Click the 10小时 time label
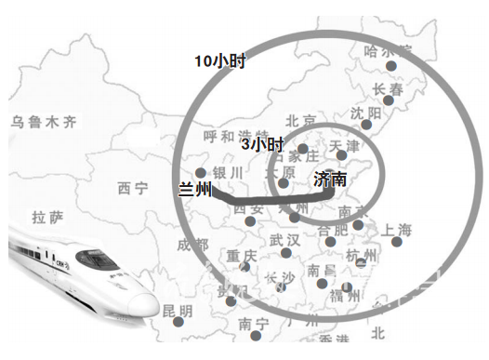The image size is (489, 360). (219, 61)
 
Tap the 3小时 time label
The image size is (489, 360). (262, 144)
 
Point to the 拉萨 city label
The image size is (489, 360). (47, 218)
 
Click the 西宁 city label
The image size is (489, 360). (132, 189)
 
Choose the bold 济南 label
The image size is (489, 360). (330, 178)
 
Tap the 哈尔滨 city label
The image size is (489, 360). (388, 50)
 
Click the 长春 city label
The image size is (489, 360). (390, 89)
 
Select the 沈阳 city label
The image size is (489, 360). (366, 113)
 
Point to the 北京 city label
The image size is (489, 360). (301, 121)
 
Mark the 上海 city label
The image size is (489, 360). (390, 229)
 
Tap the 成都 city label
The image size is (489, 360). (192, 245)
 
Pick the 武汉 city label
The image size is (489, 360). (284, 240)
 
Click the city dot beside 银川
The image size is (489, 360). (201, 172)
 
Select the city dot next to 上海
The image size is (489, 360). (397, 242)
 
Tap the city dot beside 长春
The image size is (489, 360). (388, 102)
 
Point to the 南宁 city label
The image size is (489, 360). (253, 324)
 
